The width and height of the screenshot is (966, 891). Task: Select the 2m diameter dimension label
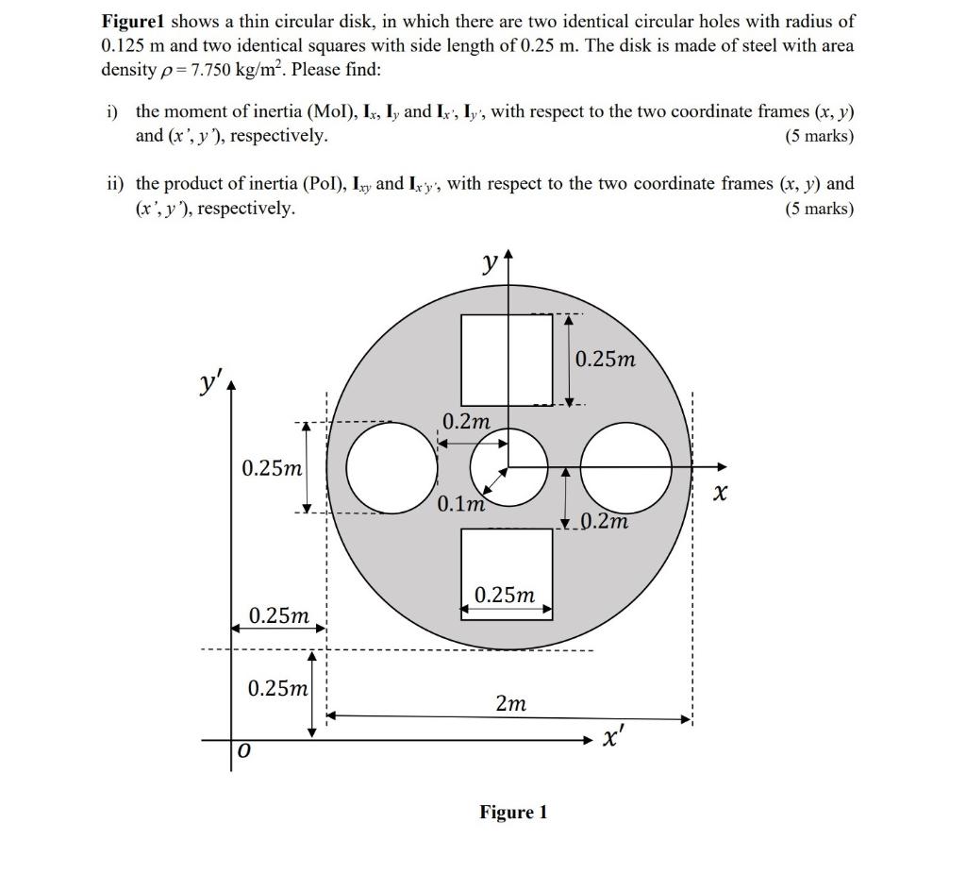(x=510, y=703)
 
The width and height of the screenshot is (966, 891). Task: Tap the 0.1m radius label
(x=460, y=503)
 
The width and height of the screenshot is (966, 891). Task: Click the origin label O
(x=243, y=750)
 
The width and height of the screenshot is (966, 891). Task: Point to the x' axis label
(x=613, y=739)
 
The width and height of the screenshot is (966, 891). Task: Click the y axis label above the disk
(x=490, y=263)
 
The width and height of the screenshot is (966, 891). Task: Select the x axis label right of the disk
(x=720, y=493)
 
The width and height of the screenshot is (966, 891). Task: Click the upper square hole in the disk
(x=507, y=360)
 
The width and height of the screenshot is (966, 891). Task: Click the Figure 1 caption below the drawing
(x=513, y=812)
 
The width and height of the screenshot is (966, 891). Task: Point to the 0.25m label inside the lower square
(x=505, y=595)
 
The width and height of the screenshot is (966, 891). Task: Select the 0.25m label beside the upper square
(x=606, y=360)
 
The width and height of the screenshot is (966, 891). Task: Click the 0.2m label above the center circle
(x=466, y=421)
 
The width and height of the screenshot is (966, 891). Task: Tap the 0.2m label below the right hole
(x=605, y=521)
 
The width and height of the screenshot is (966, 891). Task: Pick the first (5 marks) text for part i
(x=819, y=136)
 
